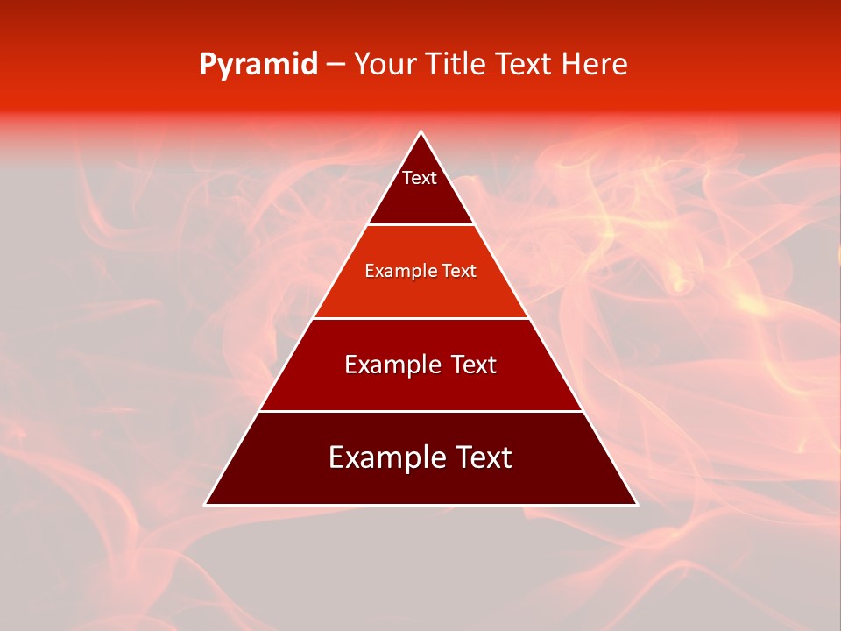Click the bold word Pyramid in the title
258,65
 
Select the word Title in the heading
456,65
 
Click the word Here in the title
594,65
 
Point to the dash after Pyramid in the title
336,65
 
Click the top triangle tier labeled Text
420,188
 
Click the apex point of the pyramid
420,133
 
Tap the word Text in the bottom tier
480,457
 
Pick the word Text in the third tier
470,365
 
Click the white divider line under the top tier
420,224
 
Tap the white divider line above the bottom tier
420,411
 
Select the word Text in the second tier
457,271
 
